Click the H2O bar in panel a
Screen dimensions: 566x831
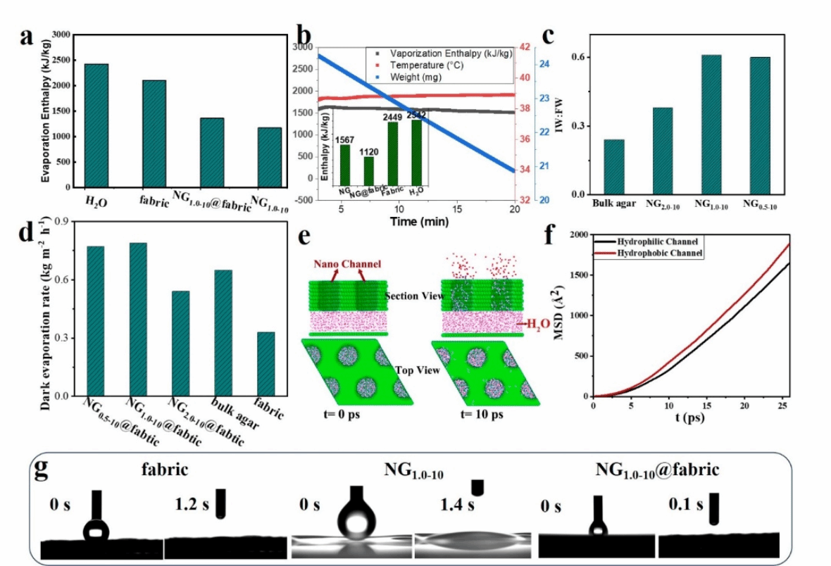pyautogui.click(x=96, y=125)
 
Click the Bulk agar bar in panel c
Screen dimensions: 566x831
pyautogui.click(x=614, y=167)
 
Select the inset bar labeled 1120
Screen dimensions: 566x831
pyautogui.click(x=368, y=168)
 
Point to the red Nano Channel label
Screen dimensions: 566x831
pyautogui.click(x=345, y=264)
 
